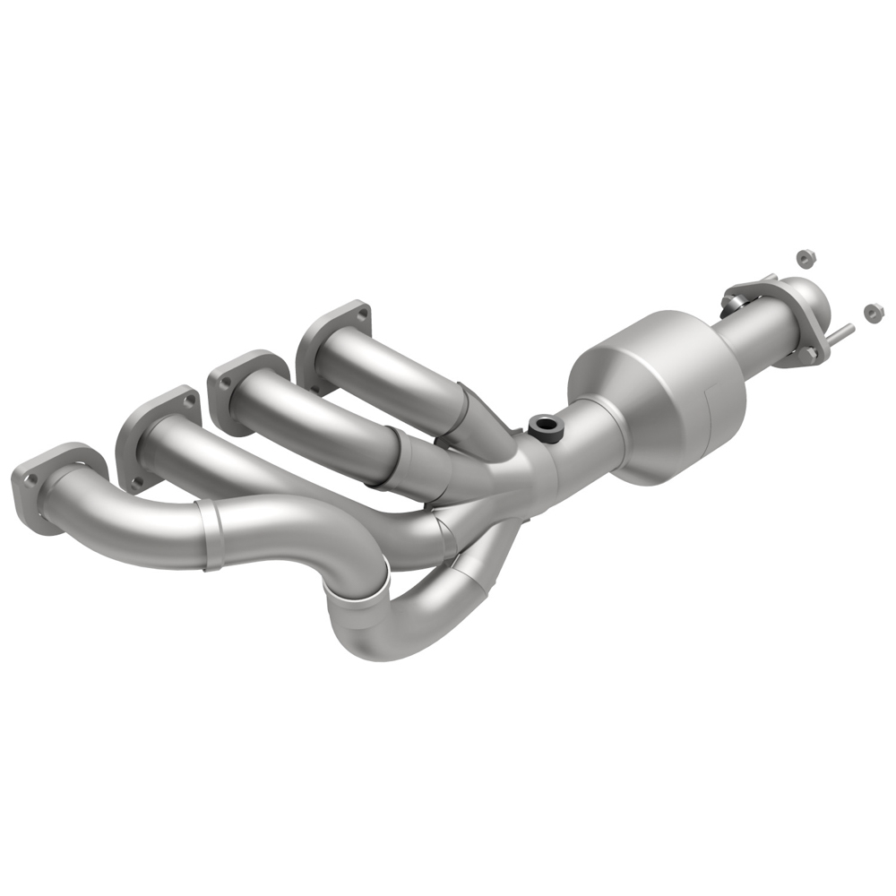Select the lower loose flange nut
point(871,313)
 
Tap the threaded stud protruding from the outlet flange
point(842,334)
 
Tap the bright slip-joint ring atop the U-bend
point(358,591)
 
